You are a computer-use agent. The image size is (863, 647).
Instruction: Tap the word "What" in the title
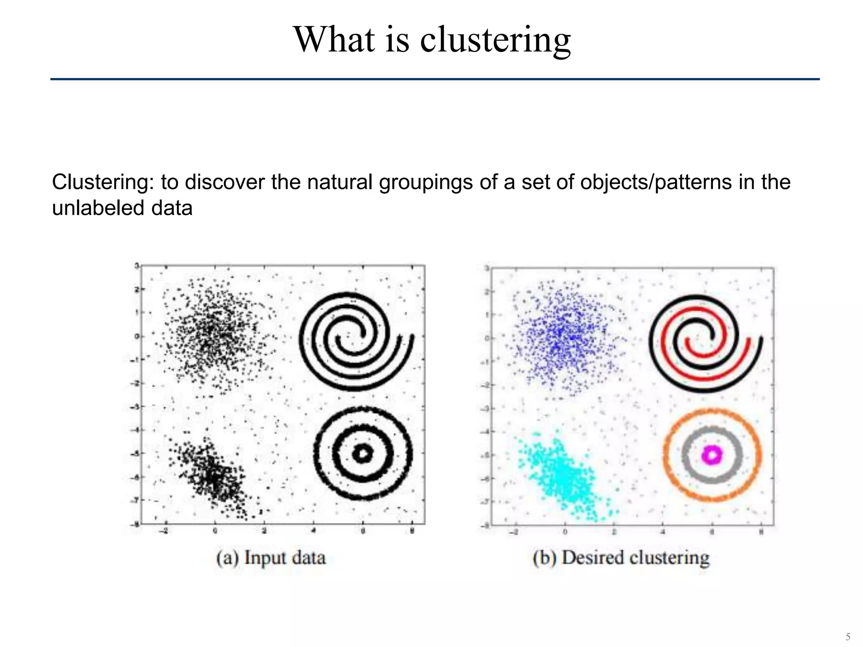(x=334, y=39)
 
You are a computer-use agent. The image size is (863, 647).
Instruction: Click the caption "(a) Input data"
(x=271, y=558)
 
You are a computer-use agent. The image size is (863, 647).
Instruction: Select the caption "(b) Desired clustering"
(x=621, y=558)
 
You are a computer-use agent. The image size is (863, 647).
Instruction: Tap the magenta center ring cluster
(x=712, y=455)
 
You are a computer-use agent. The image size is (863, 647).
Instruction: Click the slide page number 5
(x=848, y=636)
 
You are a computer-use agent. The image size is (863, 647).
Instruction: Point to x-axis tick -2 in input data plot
(x=165, y=531)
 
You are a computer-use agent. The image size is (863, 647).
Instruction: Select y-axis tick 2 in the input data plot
(x=137, y=289)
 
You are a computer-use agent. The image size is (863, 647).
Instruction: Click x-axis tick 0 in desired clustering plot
(x=565, y=532)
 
